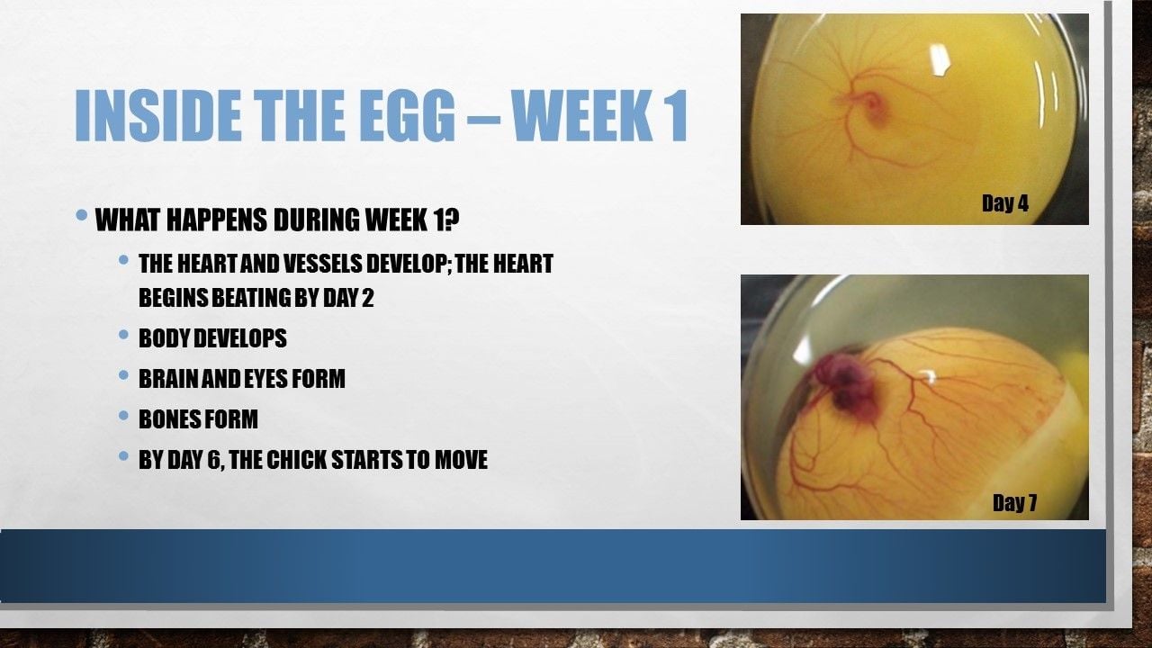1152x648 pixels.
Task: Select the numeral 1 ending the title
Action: [x=676, y=115]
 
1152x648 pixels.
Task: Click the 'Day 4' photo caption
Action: [x=1005, y=203]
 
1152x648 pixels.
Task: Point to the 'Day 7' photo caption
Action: [x=1014, y=502]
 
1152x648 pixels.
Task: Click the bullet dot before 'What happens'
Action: [x=81, y=214]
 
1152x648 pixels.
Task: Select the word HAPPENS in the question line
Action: [x=217, y=220]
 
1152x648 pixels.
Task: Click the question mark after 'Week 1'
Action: [x=451, y=220]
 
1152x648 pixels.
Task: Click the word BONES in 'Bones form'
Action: [x=167, y=419]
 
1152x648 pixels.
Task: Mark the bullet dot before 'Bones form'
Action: [x=123, y=415]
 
